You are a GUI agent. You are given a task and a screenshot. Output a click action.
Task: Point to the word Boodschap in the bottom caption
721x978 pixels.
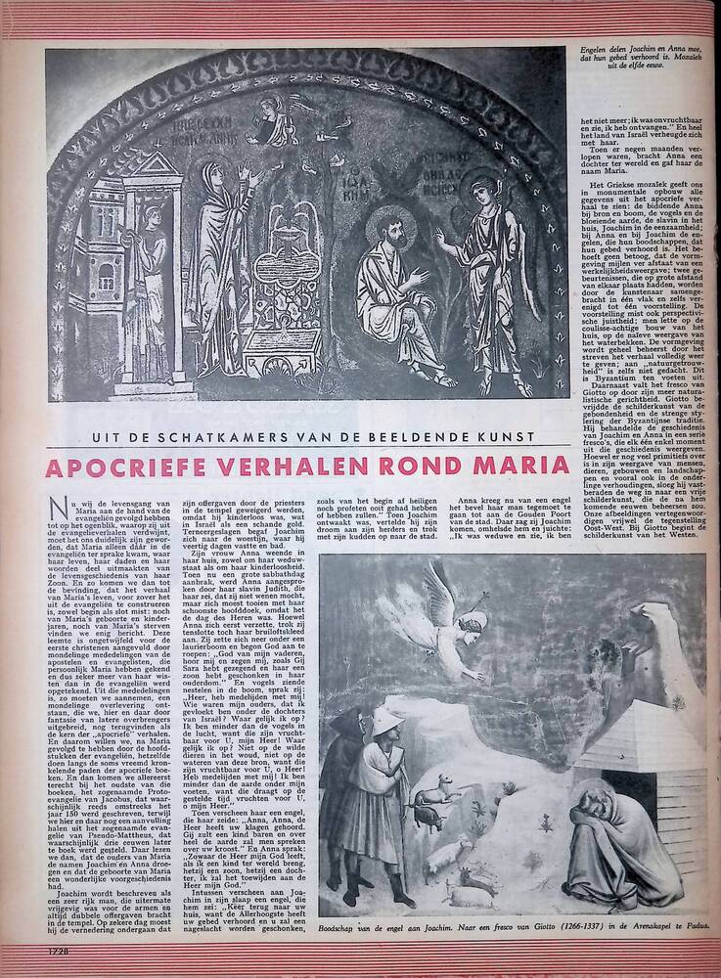tap(346, 921)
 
